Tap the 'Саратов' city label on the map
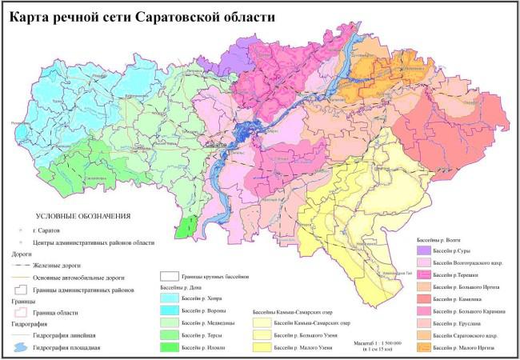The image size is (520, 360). pos(214,144)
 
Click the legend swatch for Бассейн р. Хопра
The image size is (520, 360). pos(168,296)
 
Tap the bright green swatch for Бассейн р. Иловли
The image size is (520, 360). pos(168,347)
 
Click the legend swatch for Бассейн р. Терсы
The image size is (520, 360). pos(168,334)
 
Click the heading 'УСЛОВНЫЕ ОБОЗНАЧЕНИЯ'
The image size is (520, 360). pos(82,216)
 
